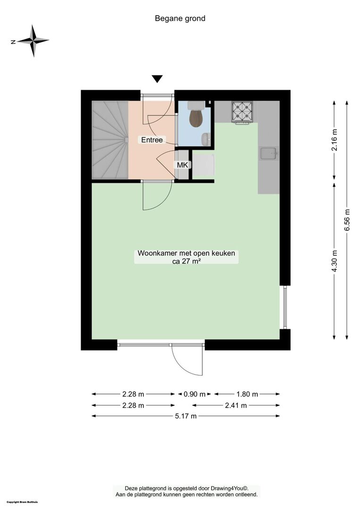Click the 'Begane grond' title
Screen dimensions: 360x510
[180, 18]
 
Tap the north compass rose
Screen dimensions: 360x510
[33, 41]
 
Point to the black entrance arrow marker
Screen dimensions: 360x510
[157, 79]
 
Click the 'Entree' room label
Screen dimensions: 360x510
[152, 140]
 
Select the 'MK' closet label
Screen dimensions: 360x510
[182, 165]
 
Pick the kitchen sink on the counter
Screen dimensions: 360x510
[268, 153]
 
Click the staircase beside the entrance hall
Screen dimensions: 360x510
[110, 140]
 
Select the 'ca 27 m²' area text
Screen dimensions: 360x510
[186, 261]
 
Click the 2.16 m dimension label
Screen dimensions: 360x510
[335, 140]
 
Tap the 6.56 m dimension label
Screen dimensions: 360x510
[348, 220]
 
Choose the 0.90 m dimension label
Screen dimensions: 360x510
[194, 394]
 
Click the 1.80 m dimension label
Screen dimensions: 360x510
[247, 394]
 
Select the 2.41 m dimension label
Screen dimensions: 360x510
[236, 405]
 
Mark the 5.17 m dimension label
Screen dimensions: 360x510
[186, 416]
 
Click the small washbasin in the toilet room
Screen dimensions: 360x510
[206, 139]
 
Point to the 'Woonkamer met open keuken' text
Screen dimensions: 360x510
[186, 253]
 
